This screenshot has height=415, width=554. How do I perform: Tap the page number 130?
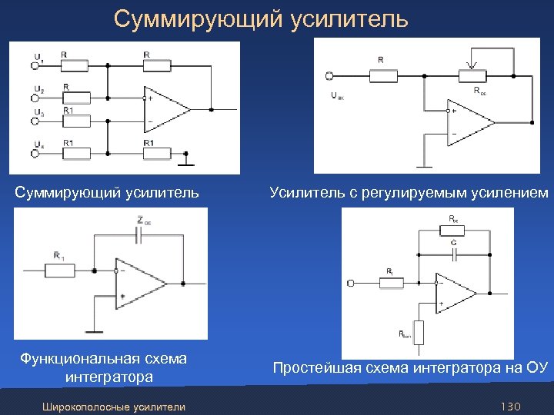(511, 406)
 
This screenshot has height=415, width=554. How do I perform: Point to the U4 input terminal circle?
(35, 154)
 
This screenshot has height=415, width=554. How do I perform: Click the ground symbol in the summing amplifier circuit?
(187, 162)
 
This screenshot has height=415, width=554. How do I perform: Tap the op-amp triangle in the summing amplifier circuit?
(165, 109)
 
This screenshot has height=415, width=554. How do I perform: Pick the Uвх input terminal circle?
(330, 75)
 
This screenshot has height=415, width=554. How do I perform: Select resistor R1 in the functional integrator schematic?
(60, 270)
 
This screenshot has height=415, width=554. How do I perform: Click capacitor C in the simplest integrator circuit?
(454, 253)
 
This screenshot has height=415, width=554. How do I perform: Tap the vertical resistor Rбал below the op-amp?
(419, 333)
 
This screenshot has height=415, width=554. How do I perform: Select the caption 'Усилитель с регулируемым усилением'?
(409, 192)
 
